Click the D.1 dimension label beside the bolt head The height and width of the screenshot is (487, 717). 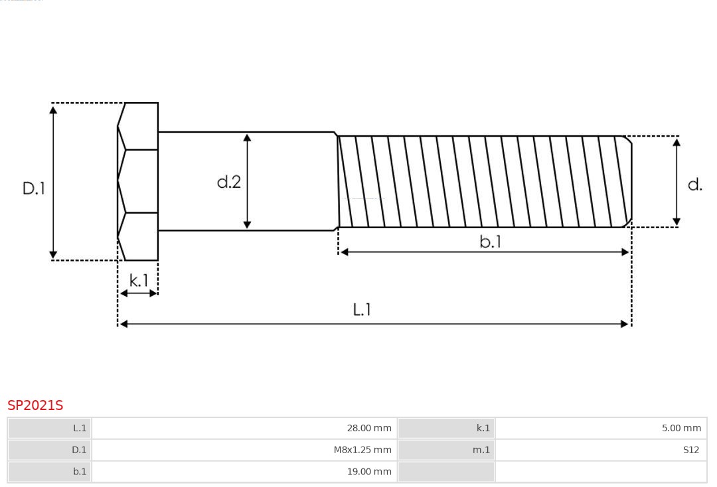point(34,188)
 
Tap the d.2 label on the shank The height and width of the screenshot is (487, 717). point(228,182)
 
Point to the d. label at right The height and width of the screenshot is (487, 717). point(695,184)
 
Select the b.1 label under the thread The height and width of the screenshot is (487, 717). point(490,242)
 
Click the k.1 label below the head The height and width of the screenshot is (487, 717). point(139,280)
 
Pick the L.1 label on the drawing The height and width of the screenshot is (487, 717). point(362,310)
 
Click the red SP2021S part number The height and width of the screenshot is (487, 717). point(35,405)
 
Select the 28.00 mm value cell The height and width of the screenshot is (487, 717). point(244,428)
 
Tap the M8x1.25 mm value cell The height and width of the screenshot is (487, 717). point(244,450)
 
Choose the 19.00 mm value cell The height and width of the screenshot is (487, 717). point(244,472)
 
